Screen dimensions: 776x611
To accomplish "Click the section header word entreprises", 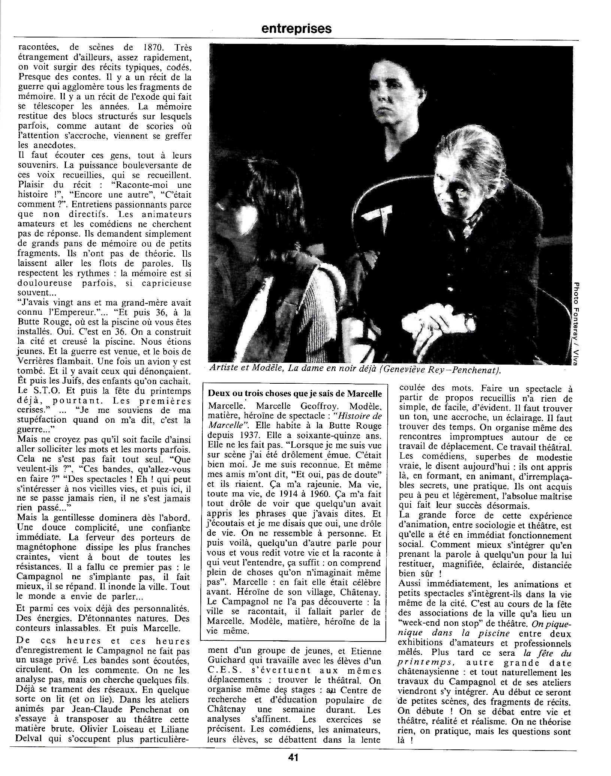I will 296,29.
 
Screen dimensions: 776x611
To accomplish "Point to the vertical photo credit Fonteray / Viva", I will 577,322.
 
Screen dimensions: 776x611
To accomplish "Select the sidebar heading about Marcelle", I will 295,393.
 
